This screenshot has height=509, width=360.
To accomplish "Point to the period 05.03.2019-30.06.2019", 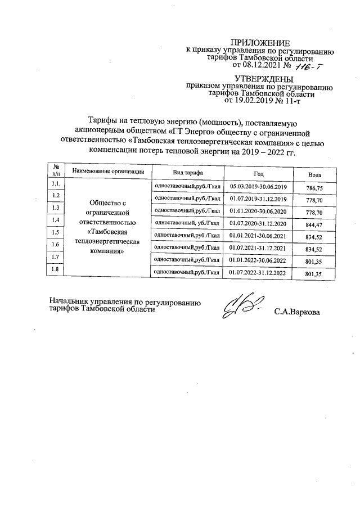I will click(x=258, y=187).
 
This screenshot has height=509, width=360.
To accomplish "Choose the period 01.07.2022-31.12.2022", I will click(x=258, y=273).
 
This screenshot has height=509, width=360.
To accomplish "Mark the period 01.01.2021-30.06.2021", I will click(x=258, y=236).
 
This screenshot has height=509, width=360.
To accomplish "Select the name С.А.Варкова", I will click(x=297, y=312).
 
